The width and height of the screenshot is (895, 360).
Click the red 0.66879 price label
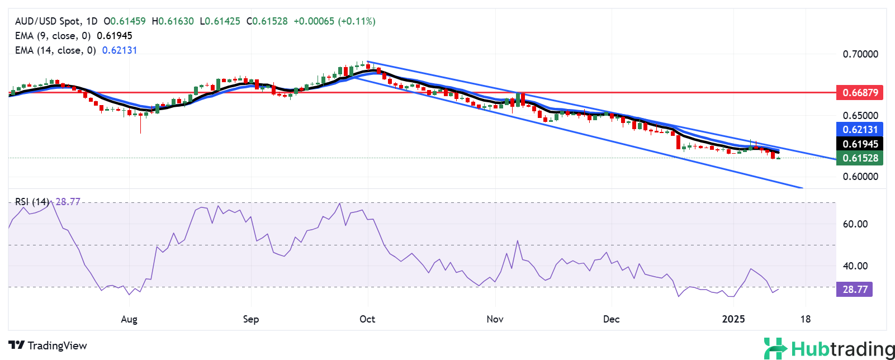point(860,93)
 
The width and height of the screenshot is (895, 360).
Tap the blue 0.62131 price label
point(860,130)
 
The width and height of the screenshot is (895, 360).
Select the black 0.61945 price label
point(860,144)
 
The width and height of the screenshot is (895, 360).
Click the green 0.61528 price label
point(860,158)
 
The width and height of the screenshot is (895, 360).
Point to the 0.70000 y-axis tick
point(860,54)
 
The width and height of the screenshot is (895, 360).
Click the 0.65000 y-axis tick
point(860,116)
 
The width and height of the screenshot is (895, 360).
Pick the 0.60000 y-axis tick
point(860,177)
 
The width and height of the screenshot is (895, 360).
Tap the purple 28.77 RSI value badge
point(855,290)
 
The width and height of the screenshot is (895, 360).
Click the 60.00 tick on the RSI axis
point(855,224)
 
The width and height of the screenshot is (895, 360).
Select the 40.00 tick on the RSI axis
point(855,266)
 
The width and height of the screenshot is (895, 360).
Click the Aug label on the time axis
point(129,319)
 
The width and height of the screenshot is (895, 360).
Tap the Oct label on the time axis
point(367,319)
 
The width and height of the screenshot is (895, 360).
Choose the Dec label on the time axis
point(611,319)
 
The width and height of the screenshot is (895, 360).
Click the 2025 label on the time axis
point(733,319)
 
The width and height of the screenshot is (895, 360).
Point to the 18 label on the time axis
point(805,319)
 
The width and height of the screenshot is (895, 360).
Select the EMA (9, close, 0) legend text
point(53,36)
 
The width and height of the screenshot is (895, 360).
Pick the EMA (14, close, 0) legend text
point(55,50)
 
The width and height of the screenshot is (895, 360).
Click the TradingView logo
point(48,345)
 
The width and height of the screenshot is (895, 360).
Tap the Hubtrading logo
point(829,349)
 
